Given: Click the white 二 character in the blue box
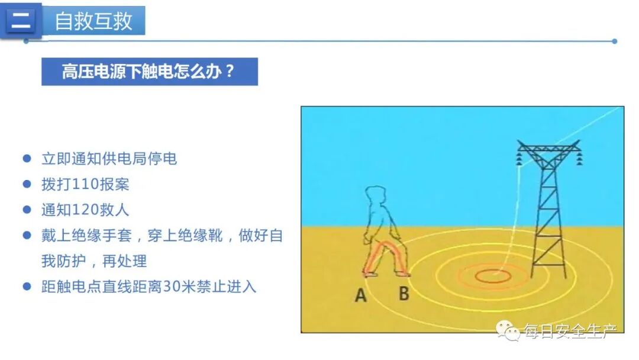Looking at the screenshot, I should click(21, 21).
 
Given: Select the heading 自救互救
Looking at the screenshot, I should click(93, 21).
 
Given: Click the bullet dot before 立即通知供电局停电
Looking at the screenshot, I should click(27, 159).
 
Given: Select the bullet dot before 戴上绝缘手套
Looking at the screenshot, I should click(27, 236).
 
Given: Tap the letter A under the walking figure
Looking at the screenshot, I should click(361, 295).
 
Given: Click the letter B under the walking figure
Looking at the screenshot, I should click(404, 293).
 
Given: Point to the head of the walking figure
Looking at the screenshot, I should click(376, 198).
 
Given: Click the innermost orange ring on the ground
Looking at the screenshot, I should click(492, 275).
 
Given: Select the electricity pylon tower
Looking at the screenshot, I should click(548, 207).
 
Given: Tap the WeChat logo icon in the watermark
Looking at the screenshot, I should click(508, 332).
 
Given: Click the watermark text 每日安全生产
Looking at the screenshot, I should click(570, 332).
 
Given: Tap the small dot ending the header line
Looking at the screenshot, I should click(615, 41).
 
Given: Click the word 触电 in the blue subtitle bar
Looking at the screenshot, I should click(167, 72).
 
